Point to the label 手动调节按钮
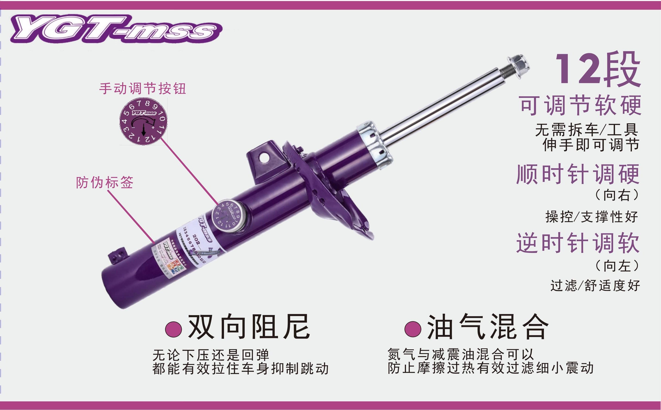[x=143, y=89]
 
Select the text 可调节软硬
[x=581, y=105]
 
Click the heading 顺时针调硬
[x=578, y=174]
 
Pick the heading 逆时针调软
[x=578, y=243]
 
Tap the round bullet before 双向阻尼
[x=173, y=329]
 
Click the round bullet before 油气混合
[x=413, y=329]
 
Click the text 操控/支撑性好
[x=592, y=217]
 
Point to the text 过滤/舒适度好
[x=595, y=286]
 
